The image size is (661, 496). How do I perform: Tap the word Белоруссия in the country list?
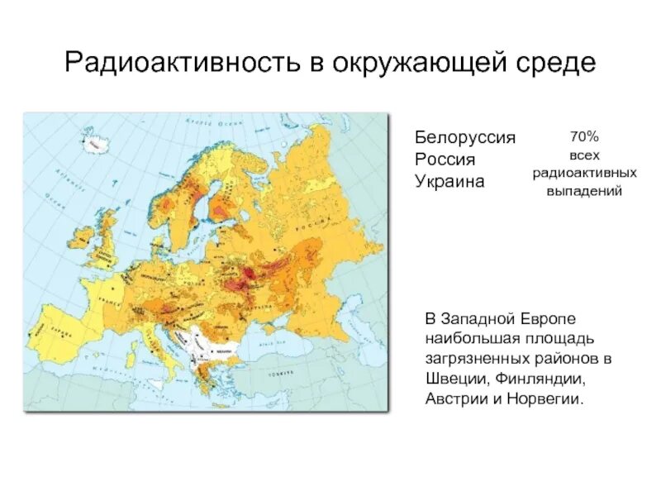tap(464, 137)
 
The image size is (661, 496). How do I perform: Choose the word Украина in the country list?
tap(449, 180)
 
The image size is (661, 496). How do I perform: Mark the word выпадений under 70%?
tap(583, 192)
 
